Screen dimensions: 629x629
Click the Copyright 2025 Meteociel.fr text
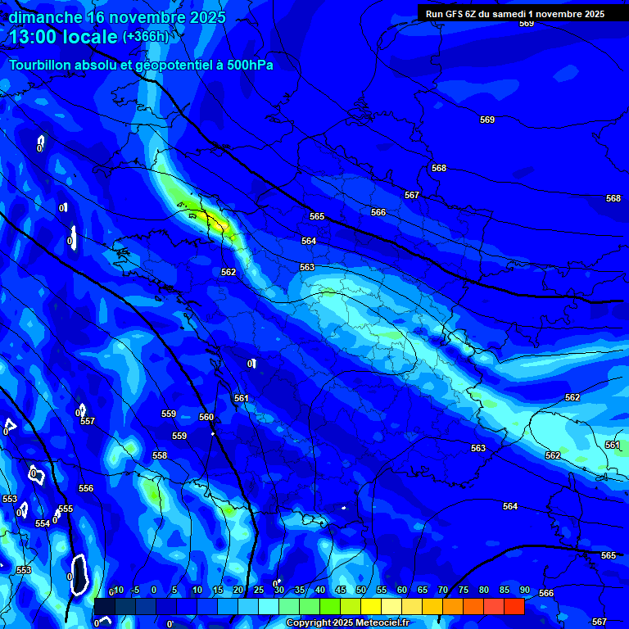(347, 623)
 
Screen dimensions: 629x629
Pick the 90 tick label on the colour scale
(524, 590)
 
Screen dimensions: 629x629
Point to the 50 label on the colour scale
(361, 590)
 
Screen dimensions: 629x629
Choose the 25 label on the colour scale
(259, 590)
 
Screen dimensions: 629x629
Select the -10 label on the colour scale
(117, 590)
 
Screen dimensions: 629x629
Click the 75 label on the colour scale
(464, 590)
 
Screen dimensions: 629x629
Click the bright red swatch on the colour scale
(514, 606)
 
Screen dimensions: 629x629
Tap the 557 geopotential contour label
(88, 421)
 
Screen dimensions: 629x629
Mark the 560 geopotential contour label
(206, 417)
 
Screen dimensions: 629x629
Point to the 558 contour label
(160, 455)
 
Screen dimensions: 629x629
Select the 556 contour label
(86, 488)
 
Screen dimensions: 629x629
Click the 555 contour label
(66, 509)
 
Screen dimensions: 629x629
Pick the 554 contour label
(43, 523)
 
